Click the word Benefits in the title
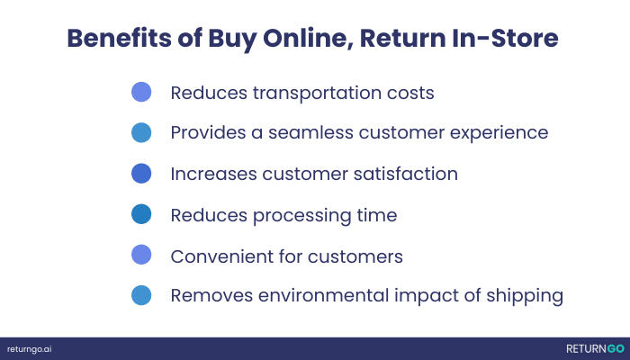pyautogui.click(x=120, y=38)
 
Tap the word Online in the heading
pyautogui.click(x=308, y=39)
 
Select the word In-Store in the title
pyautogui.click(x=505, y=38)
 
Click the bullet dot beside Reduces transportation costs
pyautogui.click(x=141, y=92)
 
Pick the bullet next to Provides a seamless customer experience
pyautogui.click(x=141, y=132)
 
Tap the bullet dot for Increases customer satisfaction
pyautogui.click(x=141, y=174)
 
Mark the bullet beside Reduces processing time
pyautogui.click(x=141, y=214)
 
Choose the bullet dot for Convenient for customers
pyautogui.click(x=141, y=255)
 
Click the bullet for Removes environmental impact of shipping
pyautogui.click(x=141, y=295)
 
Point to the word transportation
pyautogui.click(x=317, y=94)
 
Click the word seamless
pyautogui.click(x=310, y=132)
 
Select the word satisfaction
pyautogui.click(x=405, y=174)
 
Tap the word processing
pyautogui.click(x=302, y=216)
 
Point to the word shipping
pyautogui.click(x=525, y=296)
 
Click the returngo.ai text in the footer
pyautogui.click(x=30, y=349)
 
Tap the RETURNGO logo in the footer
pyautogui.click(x=595, y=349)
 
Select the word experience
pyautogui.click(x=499, y=133)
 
